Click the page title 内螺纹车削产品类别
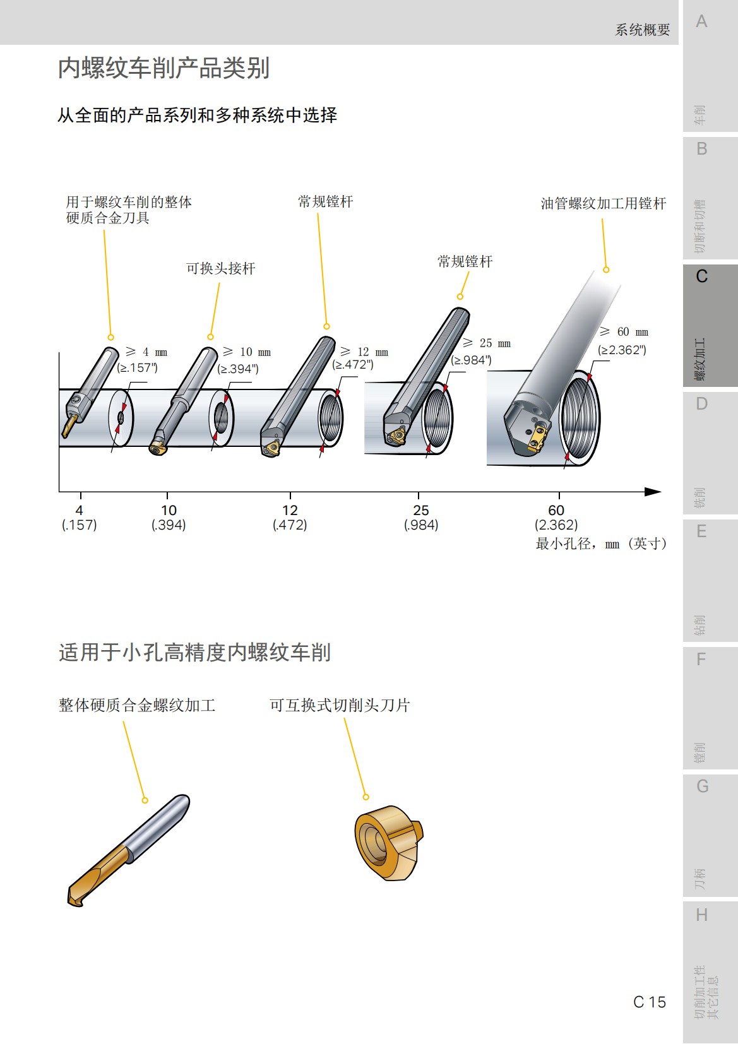click(164, 68)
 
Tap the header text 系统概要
click(642, 30)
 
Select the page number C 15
click(649, 1002)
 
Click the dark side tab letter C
click(701, 276)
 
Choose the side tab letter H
click(701, 915)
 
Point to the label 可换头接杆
click(220, 268)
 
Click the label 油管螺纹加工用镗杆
click(603, 203)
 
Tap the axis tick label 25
click(420, 510)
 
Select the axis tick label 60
click(556, 510)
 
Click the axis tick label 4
click(79, 510)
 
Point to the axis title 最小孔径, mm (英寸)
click(600, 543)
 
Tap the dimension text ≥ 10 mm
click(247, 352)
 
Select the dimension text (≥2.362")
click(622, 350)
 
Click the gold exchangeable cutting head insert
click(386, 842)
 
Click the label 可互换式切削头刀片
click(340, 705)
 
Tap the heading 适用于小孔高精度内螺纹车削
click(194, 652)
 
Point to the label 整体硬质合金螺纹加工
click(137, 705)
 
